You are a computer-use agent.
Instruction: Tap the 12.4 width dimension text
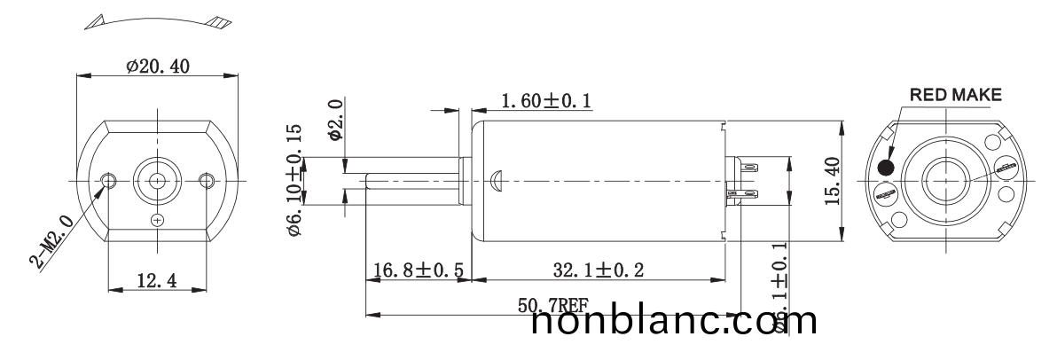[x=156, y=282]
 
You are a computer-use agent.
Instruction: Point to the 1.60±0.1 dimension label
[x=546, y=102]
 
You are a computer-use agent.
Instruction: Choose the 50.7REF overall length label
[x=552, y=306]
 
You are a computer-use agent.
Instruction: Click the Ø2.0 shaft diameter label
[x=335, y=121]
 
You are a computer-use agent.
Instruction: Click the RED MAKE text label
[x=954, y=94]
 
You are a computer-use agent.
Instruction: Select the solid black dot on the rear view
[x=885, y=168]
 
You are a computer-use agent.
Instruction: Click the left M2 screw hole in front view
[x=109, y=180]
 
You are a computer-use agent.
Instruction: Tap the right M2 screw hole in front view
[x=207, y=180]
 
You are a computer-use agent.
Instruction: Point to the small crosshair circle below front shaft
[x=158, y=219]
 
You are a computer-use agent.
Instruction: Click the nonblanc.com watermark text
[x=674, y=323]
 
